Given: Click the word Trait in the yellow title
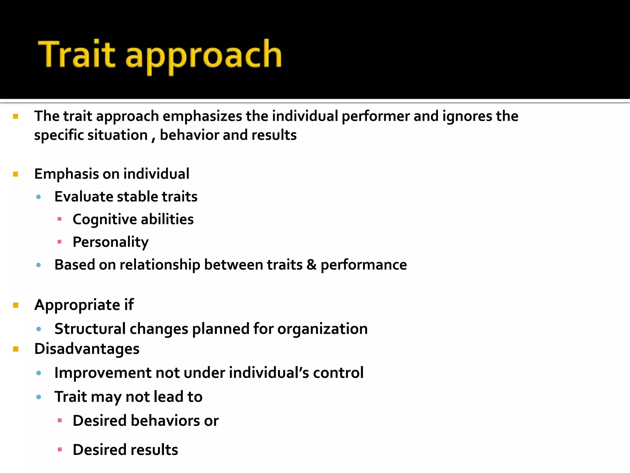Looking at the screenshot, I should tap(76, 54).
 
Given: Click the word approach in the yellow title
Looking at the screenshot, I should tap(203, 55).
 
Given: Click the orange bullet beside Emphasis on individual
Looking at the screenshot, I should tap(16, 174).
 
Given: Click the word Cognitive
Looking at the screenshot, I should tap(105, 219).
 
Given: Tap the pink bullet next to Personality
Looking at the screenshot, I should tap(60, 242).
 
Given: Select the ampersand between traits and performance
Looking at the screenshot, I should tap(311, 265).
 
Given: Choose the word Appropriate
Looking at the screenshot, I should tap(77, 305).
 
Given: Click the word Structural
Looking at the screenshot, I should tap(90, 329).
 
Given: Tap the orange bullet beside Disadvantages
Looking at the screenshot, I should tap(16, 349).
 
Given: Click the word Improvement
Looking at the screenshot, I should tap(103, 373).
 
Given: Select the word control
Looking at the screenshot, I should tap(338, 373).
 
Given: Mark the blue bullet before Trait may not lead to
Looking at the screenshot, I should tap(38, 397).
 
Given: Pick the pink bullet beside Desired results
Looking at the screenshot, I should tap(60, 450).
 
